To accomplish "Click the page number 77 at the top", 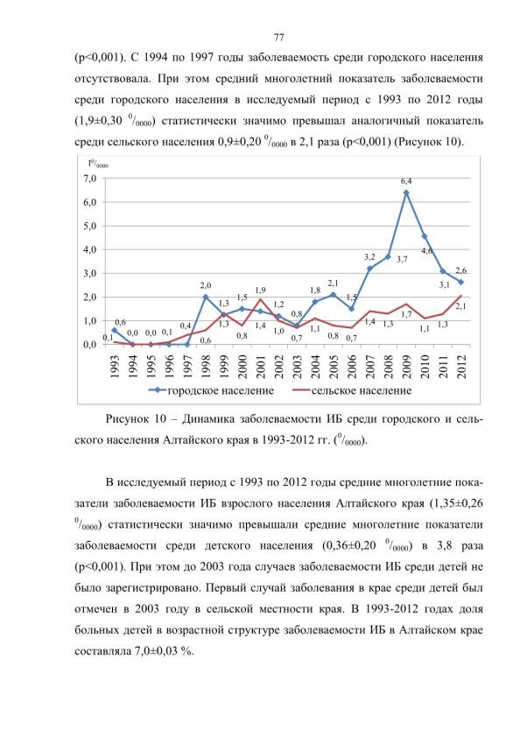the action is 278,37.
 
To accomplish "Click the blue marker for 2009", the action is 406,193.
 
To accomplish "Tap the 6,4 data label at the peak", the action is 406,180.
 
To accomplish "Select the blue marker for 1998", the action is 205,297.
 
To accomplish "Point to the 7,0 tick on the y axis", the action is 90,179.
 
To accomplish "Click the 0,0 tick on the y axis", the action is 90,345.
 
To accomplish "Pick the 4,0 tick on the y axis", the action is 90,249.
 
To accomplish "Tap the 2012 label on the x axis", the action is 461,367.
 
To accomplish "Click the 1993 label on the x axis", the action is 114,367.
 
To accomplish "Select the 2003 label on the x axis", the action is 297,367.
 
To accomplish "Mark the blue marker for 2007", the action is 369,269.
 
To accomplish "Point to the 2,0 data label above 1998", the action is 205,285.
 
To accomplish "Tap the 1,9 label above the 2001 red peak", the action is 260,290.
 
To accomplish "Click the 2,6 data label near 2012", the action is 460,270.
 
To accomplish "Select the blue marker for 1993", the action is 114,330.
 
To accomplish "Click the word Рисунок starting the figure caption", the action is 126,418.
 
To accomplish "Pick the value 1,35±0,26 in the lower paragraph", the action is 455,504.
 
